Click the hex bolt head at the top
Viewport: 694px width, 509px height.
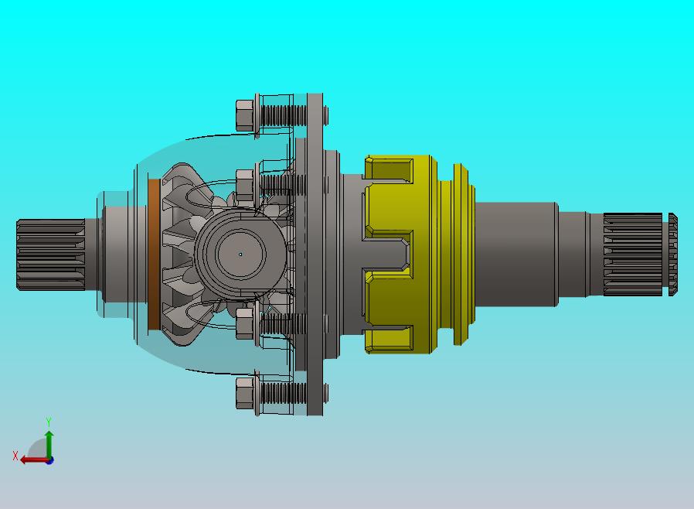coord(245,115)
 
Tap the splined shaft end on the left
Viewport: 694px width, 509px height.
coord(50,254)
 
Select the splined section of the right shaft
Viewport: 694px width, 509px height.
coord(633,254)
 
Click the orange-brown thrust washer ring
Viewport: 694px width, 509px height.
coord(154,254)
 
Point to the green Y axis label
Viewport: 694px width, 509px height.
coord(49,422)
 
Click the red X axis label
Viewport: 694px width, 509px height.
coord(15,456)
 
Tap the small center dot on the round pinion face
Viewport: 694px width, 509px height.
coord(240,254)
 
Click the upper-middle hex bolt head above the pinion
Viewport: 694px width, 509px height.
coord(245,185)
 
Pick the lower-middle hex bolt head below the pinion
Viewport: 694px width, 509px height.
coord(245,324)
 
